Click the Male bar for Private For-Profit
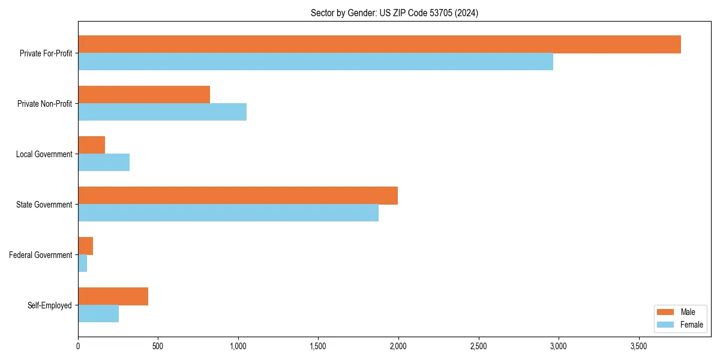tap(379, 44)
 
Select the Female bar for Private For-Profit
tap(316, 62)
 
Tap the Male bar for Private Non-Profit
tap(144, 95)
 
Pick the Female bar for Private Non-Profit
tap(162, 112)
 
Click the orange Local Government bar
tap(92, 145)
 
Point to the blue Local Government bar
tap(104, 163)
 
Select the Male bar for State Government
tap(238, 196)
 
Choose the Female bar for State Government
tap(228, 213)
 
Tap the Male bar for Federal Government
tap(86, 246)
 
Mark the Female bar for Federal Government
tap(83, 263)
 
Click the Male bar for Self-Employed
tap(113, 296)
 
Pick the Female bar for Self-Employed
tap(98, 314)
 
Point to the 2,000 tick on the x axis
tap(398, 346)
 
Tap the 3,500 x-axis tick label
tap(638, 346)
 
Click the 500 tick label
tap(158, 346)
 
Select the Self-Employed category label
tap(50, 305)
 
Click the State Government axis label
tap(44, 205)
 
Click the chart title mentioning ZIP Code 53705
tap(394, 13)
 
